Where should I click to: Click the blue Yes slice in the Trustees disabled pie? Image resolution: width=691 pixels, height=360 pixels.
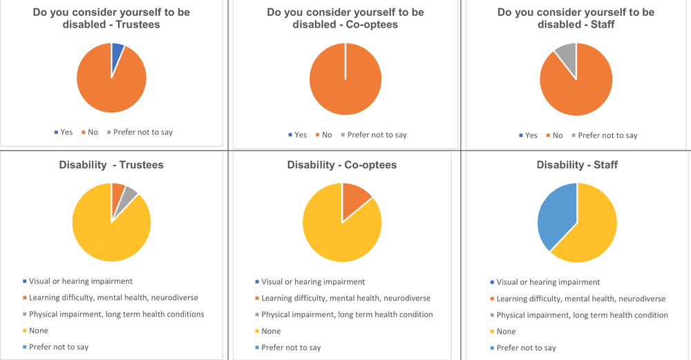(x=117, y=55)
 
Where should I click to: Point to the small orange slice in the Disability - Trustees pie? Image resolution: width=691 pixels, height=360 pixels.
(x=117, y=196)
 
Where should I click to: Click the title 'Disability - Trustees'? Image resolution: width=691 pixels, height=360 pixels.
(x=111, y=164)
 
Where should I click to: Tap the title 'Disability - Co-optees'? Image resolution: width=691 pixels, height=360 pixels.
(x=342, y=164)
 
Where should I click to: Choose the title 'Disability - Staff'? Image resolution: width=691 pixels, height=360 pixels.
(x=577, y=164)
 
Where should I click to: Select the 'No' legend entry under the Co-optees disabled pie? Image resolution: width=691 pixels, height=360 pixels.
(x=323, y=135)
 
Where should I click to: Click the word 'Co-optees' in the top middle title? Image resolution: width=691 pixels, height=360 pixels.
(x=372, y=25)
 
